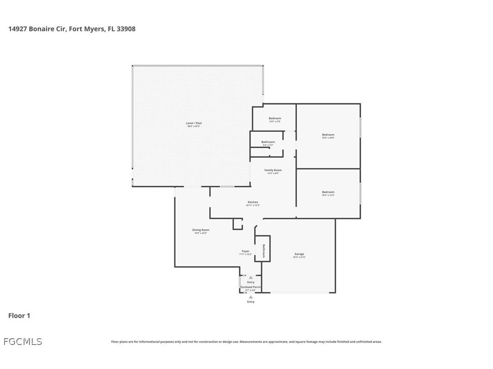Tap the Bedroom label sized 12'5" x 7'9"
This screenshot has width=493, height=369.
[275, 119]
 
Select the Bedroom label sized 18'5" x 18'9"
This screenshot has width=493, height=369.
[328, 135]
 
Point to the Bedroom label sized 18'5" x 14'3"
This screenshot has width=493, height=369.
[328, 192]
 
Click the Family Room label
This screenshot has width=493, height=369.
[273, 170]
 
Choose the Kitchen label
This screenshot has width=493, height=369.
[253, 202]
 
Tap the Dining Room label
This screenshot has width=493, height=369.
[200, 230]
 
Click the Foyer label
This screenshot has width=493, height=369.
[246, 251]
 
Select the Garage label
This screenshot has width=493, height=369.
[299, 254]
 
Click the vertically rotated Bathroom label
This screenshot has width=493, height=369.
[263, 251]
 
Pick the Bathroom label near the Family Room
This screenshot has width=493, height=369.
[268, 142]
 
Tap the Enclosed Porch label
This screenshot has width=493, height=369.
[251, 287]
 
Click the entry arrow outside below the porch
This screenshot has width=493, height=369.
[251, 297]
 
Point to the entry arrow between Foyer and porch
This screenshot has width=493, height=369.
[251, 277]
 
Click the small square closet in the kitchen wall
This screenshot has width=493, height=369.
[237, 224]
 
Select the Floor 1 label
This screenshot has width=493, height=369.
[19, 316]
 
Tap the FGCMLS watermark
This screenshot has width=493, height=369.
[23, 341]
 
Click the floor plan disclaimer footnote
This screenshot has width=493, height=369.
[246, 342]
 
